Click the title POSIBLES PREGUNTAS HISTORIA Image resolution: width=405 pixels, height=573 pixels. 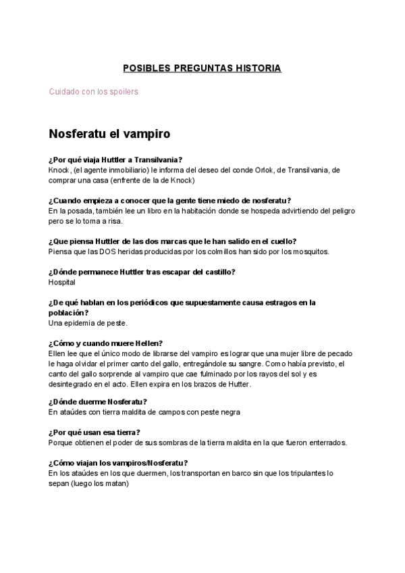point(202,68)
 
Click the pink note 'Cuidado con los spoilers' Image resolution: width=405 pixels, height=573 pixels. point(93,91)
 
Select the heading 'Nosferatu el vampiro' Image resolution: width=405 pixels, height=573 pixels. point(109,134)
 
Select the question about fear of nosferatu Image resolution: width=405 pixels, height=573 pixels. point(170,201)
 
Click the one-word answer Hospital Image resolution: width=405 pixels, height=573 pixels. point(62,282)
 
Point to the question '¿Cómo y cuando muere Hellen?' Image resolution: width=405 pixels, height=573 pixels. point(105,343)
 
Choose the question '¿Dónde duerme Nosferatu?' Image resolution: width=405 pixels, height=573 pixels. point(98,401)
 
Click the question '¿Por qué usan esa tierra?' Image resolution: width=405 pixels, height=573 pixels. point(99,432)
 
